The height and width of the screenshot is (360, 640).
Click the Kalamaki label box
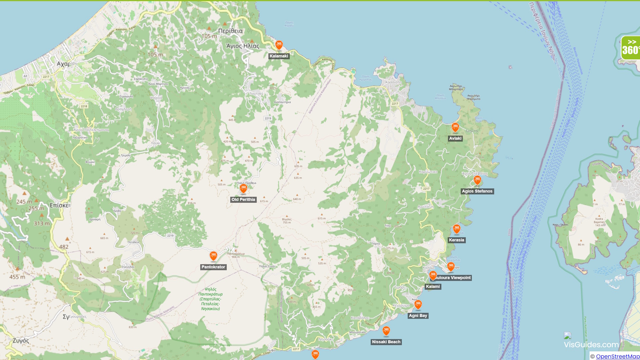279,56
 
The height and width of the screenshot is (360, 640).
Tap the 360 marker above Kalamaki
279,44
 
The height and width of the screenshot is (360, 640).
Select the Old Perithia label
243,200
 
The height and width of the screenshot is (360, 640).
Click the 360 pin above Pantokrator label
213,256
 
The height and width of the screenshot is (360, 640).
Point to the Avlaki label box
455,139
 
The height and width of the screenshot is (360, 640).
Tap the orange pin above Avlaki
455,127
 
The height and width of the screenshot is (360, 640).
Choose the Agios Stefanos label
477,191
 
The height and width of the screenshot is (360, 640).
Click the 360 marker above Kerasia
456,229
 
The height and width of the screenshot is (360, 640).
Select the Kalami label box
433,287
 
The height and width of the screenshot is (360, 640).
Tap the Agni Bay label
418,316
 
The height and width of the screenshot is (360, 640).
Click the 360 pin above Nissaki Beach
386,331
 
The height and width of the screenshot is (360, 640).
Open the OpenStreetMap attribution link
617,356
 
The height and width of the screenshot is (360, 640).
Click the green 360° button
630,48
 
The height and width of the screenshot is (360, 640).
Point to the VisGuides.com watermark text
591,345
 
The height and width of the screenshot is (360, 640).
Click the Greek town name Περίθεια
230,31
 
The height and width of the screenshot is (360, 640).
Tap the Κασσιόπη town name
393,82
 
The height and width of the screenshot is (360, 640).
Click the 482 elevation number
64,247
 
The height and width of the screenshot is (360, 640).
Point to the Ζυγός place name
21,341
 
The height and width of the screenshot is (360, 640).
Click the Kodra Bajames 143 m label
599,222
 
